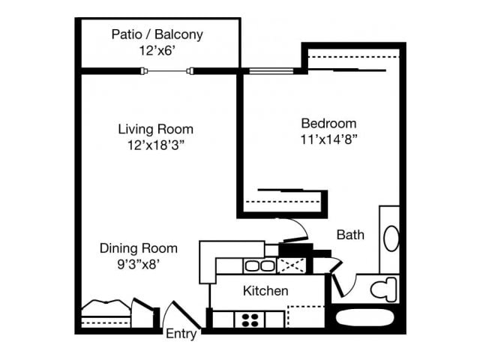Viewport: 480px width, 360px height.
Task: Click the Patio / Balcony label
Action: [157, 34]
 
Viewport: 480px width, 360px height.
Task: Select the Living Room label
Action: [156, 129]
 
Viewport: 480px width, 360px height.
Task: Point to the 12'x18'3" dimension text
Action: [156, 145]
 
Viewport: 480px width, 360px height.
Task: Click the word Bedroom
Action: [328, 123]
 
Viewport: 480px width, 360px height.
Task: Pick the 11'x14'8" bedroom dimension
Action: [328, 139]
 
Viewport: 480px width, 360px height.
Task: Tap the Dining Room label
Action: [139, 248]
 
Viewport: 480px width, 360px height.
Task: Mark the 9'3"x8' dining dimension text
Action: [139, 263]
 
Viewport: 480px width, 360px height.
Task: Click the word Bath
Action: [349, 235]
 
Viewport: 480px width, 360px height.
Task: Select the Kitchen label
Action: [265, 290]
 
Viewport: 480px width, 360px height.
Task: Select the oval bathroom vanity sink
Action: [391, 239]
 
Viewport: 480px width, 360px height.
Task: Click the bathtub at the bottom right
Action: [364, 317]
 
